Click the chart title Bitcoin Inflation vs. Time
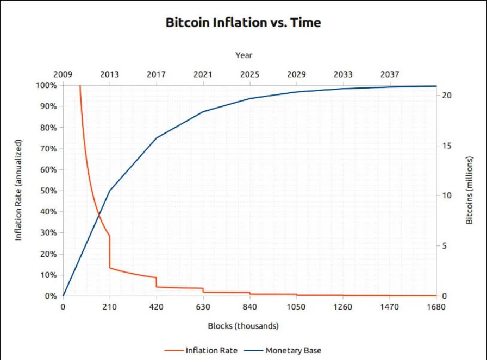(x=243, y=23)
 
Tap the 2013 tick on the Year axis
(x=109, y=74)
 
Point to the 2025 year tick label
(x=249, y=74)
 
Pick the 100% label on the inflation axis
(x=46, y=85)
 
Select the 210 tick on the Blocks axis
(x=109, y=307)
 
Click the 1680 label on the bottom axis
(x=436, y=307)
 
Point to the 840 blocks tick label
(x=249, y=307)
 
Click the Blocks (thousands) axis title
(x=243, y=326)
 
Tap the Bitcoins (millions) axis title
(x=470, y=190)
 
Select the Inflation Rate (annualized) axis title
(x=18, y=190)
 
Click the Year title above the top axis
(x=243, y=55)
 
